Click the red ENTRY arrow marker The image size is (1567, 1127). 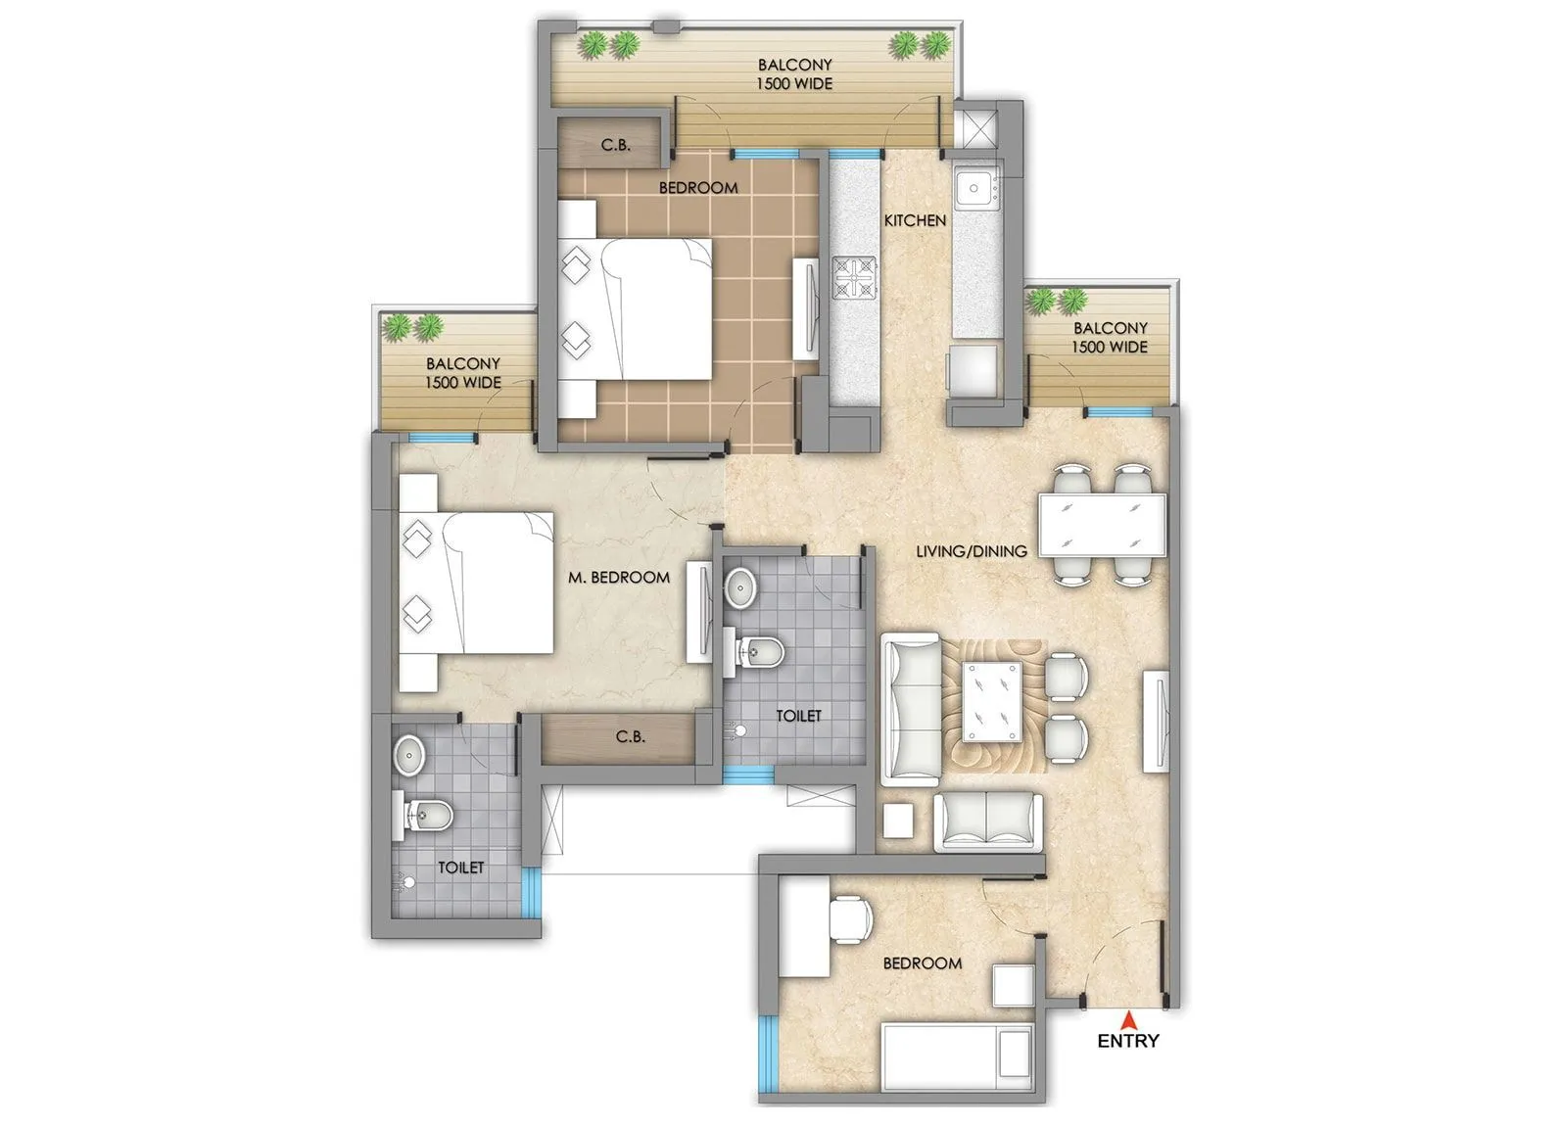pyautogui.click(x=1128, y=1017)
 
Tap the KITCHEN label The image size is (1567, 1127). pyautogui.click(x=915, y=221)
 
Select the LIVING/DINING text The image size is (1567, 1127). pyautogui.click(x=971, y=551)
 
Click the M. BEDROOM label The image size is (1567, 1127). pyautogui.click(x=619, y=578)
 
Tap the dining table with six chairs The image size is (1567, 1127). pyautogui.click(x=1102, y=525)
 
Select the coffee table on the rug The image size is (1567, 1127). pyautogui.click(x=992, y=701)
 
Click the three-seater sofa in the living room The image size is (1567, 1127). pyautogui.click(x=910, y=710)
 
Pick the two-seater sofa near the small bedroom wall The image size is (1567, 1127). pyautogui.click(x=987, y=822)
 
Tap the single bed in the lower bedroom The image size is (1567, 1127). pyautogui.click(x=956, y=1058)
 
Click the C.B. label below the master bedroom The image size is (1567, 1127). pyautogui.click(x=630, y=736)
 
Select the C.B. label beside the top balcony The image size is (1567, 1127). pyautogui.click(x=615, y=145)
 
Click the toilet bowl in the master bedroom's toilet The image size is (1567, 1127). pyautogui.click(x=427, y=816)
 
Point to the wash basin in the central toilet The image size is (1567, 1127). pyautogui.click(x=741, y=587)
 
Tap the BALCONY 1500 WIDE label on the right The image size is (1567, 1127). pyautogui.click(x=1109, y=338)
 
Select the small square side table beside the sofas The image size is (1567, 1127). pyautogui.click(x=898, y=821)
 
